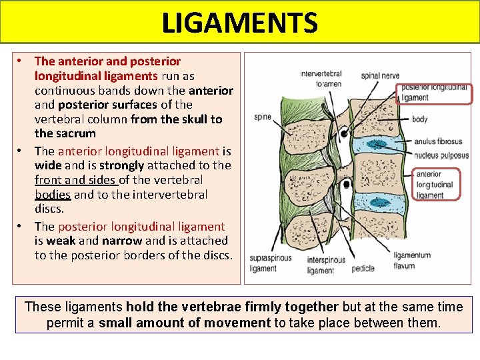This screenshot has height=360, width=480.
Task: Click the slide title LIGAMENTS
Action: point(239,23)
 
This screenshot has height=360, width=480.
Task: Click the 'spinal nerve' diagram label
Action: point(380,76)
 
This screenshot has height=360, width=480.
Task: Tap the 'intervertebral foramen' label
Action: point(321,79)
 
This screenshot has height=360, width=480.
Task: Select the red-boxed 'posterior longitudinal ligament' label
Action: point(435,93)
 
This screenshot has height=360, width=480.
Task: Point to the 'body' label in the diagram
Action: point(420,120)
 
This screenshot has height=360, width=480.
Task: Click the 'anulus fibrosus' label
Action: point(438,141)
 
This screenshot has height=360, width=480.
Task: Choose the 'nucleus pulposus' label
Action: point(441,155)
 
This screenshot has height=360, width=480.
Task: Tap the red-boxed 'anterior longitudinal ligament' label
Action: point(434,185)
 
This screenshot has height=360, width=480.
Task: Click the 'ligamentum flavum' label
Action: point(412,260)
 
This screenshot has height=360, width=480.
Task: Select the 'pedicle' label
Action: point(363,269)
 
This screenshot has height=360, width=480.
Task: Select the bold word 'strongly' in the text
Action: point(122,165)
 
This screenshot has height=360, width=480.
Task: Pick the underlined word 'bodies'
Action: point(53,194)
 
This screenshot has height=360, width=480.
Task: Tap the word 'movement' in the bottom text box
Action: point(231,323)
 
